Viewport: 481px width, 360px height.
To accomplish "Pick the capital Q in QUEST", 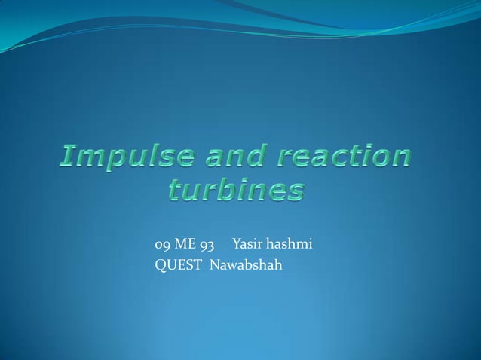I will click(160, 265).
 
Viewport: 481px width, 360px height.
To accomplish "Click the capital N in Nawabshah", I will click(214, 264).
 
